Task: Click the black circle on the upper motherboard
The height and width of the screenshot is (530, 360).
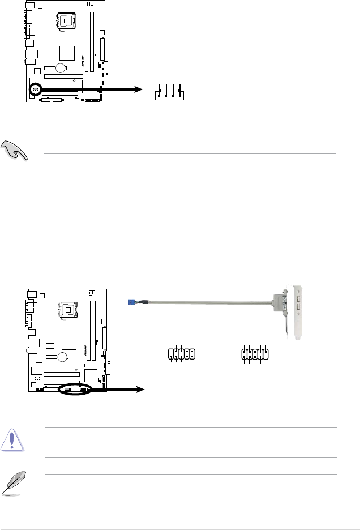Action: click(x=35, y=89)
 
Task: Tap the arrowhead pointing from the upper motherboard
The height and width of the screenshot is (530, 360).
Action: click(x=138, y=89)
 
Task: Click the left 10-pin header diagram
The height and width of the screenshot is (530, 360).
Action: click(x=182, y=354)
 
